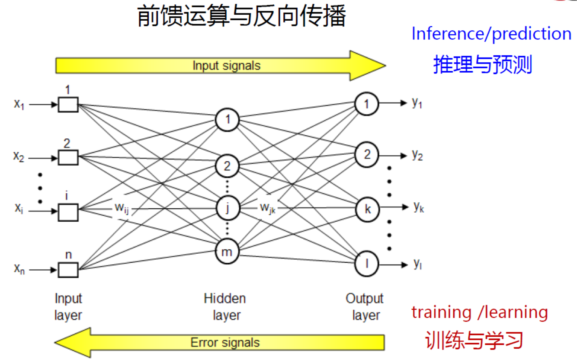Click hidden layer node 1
tap(227, 119)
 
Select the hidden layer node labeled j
tap(227, 208)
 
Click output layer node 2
tap(367, 155)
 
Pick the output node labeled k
tap(367, 209)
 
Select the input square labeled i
tap(68, 212)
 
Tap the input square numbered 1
tap(68, 105)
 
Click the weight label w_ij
tap(122, 208)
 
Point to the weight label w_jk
tap(267, 208)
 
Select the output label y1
tap(417, 103)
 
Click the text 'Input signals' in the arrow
tap(226, 66)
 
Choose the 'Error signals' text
tap(225, 343)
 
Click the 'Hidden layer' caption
tap(225, 306)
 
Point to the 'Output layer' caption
tap(365, 306)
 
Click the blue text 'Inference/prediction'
tap(491, 34)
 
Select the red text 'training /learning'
tap(479, 312)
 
